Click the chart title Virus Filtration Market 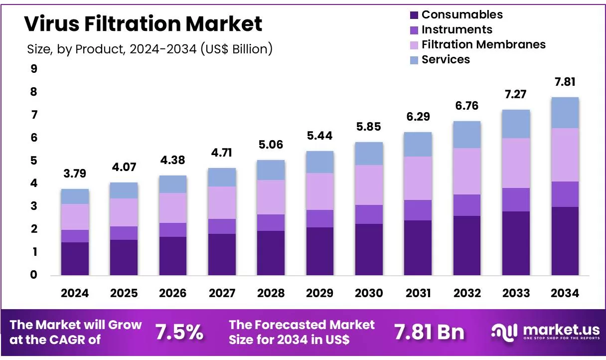[x=143, y=23]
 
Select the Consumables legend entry [x=462, y=14]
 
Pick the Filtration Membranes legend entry [x=483, y=44]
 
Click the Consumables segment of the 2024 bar [x=75, y=259]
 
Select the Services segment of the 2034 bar [x=565, y=113]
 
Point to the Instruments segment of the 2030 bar [x=369, y=214]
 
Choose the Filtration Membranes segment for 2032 [x=467, y=171]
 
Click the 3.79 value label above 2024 [x=75, y=175]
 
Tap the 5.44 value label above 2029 [x=320, y=136]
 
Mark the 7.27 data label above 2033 [x=516, y=95]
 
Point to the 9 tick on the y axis [x=34, y=69]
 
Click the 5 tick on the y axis [x=34, y=161]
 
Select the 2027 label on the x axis [x=222, y=293]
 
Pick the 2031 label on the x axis [x=418, y=293]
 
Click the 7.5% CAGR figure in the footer [x=179, y=332]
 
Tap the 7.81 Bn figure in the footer [x=429, y=332]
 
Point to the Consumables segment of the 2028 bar [x=271, y=253]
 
